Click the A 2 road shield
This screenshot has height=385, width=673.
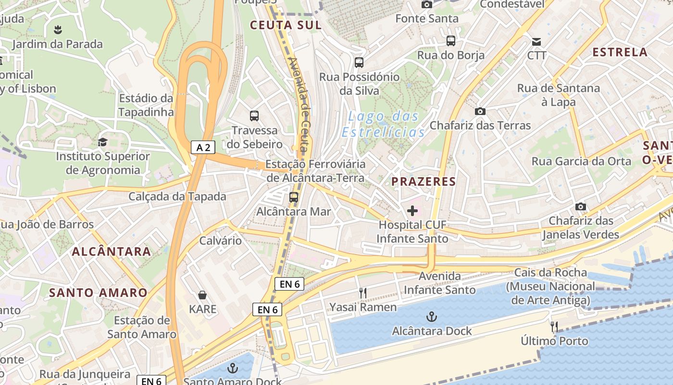coord(203,147)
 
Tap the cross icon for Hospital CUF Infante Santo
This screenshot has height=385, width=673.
coord(412,211)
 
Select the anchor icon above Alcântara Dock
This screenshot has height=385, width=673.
coord(432,317)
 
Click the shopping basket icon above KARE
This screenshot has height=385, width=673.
coord(202,295)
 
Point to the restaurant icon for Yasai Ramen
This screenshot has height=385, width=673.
coord(363,293)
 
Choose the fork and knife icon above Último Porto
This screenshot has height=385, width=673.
coord(554,327)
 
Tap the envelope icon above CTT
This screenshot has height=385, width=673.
coord(536,41)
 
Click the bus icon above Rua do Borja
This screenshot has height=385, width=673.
coord(450,41)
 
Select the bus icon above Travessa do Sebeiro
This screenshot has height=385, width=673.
coord(254,116)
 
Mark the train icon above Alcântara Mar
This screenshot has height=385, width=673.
coord(293,197)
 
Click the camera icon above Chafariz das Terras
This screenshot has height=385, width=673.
coord(480,112)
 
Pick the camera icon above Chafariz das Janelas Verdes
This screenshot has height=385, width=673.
coord(581,207)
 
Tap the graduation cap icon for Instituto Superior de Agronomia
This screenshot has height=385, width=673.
coord(102,142)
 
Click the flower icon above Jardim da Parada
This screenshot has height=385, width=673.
coord(58,30)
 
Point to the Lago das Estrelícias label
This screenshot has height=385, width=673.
coord(384,124)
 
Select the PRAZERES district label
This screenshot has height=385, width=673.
coord(423,181)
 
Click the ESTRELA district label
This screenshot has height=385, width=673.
coord(620,52)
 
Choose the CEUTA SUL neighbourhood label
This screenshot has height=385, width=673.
coord(286,25)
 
